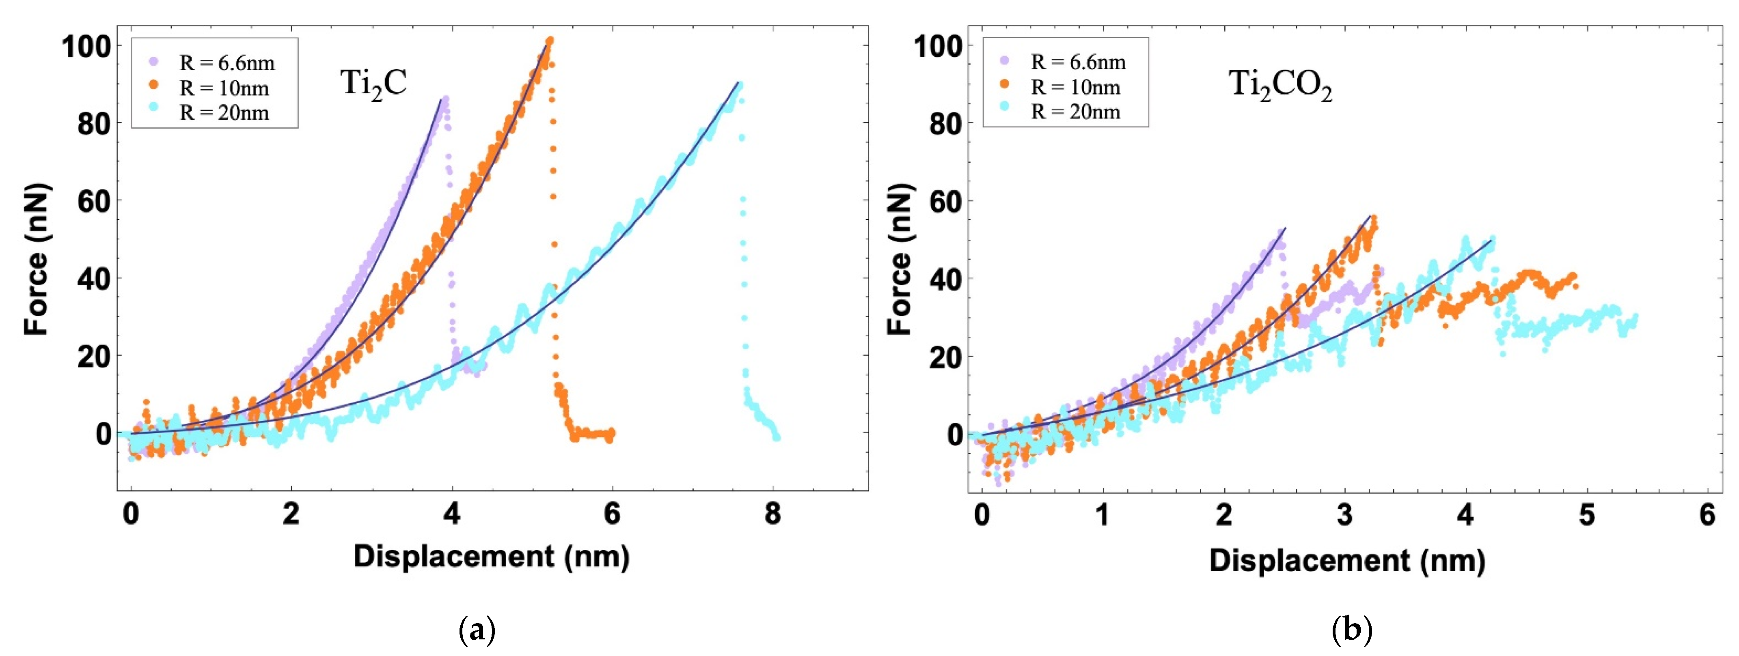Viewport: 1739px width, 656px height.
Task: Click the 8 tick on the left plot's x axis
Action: click(x=772, y=514)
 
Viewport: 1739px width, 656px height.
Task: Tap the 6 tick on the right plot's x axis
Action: click(x=1707, y=514)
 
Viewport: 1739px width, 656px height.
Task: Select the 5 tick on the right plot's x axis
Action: click(x=1586, y=514)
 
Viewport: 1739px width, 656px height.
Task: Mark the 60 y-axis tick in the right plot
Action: click(x=945, y=201)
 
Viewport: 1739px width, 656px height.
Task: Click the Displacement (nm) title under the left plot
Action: click(x=491, y=557)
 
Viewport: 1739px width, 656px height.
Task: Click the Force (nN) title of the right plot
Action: click(x=899, y=259)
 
